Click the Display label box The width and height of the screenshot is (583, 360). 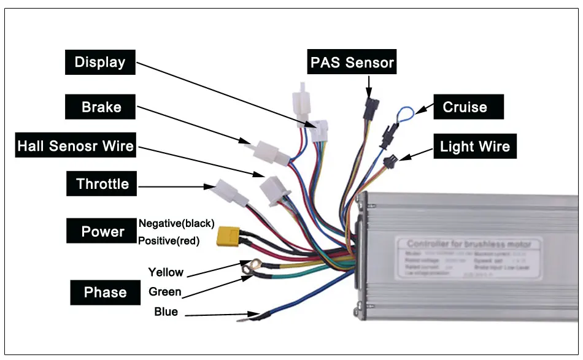(100, 62)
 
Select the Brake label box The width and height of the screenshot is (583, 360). (101, 107)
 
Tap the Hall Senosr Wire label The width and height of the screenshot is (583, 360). (75, 146)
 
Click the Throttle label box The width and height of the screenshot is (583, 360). (102, 184)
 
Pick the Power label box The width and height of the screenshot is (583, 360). (102, 231)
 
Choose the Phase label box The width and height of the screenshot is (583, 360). (105, 292)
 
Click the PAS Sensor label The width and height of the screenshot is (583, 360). (352, 63)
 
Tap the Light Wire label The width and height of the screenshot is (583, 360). (474, 147)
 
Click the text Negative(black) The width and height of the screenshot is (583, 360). (177, 223)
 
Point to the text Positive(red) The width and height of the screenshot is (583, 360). (169, 241)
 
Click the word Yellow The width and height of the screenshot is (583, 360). (166, 272)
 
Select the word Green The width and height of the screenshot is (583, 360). (165, 292)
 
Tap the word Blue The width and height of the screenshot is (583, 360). (166, 312)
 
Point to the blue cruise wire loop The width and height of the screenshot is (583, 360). (404, 113)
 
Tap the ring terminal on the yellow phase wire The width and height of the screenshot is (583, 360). (249, 267)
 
